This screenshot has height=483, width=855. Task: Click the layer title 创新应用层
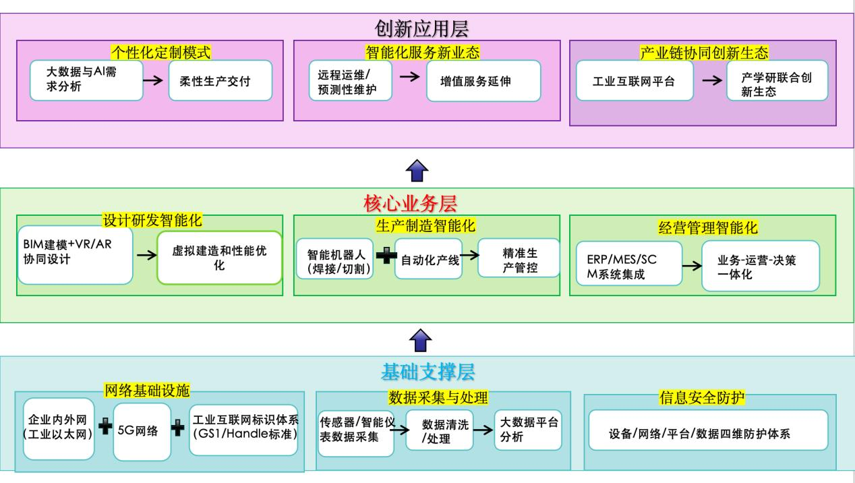[421, 28]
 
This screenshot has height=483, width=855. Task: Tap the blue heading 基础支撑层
[427, 372]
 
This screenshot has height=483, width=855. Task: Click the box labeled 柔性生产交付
[220, 81]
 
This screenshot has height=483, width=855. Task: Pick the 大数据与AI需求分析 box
[86, 80]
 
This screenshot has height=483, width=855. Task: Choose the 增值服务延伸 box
[483, 81]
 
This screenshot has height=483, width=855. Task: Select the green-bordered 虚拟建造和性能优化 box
[219, 258]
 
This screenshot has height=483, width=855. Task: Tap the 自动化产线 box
[428, 259]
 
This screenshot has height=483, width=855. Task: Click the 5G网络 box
[142, 430]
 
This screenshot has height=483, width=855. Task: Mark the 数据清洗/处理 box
[438, 431]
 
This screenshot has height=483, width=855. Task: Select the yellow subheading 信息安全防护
[701, 398]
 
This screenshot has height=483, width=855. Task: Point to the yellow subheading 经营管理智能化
[703, 227]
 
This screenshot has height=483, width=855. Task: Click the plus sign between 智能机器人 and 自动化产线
[386, 258]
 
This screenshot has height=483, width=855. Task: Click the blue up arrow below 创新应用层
[418, 171]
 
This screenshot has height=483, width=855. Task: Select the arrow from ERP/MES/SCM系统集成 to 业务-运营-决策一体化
[691, 265]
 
